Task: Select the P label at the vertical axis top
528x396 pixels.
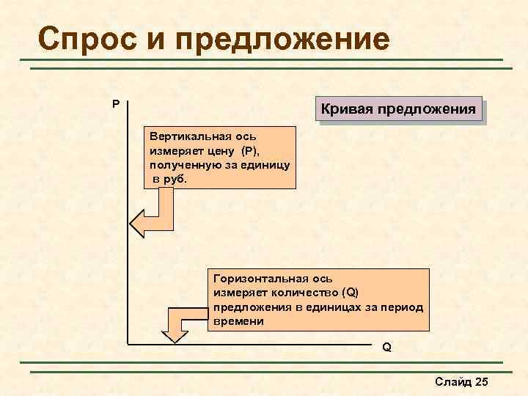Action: (116, 104)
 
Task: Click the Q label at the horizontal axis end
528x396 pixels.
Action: (386, 347)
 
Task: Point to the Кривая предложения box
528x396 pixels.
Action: (400, 110)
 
